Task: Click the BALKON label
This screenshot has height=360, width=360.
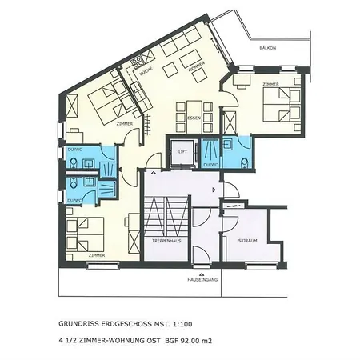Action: point(268,49)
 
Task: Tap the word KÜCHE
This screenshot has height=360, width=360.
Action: point(146,72)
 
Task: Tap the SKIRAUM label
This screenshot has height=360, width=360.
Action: point(248,238)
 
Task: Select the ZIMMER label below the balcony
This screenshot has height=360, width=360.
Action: point(246,82)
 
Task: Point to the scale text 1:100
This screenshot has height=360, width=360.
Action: point(183,325)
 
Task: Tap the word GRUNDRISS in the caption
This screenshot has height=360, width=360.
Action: point(80,325)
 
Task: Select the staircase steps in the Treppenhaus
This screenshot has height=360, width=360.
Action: point(165,216)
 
